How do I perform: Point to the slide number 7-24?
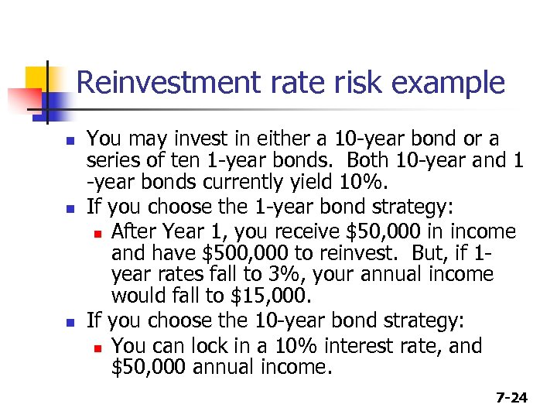pyautogui.click(x=511, y=398)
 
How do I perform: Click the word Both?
pyautogui.click(x=371, y=160)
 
